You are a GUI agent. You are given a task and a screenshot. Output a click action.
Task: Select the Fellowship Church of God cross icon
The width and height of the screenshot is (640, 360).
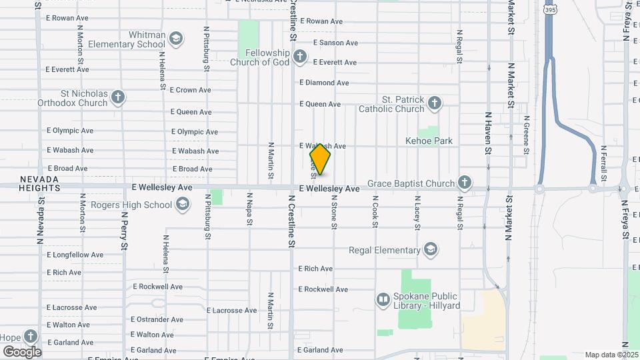tap(300, 57)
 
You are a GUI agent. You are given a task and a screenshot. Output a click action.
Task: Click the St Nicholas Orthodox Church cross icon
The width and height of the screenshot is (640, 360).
tap(118, 98)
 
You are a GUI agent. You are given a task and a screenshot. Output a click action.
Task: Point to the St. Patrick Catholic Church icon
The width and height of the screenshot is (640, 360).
tap(435, 103)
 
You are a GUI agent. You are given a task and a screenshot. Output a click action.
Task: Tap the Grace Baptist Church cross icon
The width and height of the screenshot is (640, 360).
tap(465, 183)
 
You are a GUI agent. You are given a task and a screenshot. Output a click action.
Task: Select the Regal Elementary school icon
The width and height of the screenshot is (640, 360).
tap(431, 250)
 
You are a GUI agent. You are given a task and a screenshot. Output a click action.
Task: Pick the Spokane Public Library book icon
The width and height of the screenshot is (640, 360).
tap(383, 301)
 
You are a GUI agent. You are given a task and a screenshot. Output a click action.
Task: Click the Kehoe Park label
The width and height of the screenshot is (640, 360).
tap(429, 141)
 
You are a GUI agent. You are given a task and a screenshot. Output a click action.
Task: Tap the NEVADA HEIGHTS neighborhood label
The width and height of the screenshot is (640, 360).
tap(39, 184)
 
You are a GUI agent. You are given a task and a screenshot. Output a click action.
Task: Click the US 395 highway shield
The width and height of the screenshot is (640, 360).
tap(549, 10)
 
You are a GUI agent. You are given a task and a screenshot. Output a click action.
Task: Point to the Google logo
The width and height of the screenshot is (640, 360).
tap(22, 352)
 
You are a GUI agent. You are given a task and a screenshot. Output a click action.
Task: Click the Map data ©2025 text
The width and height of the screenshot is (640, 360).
tap(611, 355)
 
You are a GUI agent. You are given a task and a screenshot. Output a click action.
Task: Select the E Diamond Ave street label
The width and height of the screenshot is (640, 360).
tap(324, 83)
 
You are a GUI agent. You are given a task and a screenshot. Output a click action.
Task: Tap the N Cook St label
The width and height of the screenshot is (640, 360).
tap(375, 212)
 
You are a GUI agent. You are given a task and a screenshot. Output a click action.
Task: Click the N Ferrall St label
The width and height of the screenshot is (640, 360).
tap(603, 163)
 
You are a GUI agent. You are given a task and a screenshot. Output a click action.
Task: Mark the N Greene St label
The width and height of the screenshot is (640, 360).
tap(526, 133)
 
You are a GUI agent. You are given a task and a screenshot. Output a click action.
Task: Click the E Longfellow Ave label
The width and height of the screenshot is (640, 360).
tap(75, 255)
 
